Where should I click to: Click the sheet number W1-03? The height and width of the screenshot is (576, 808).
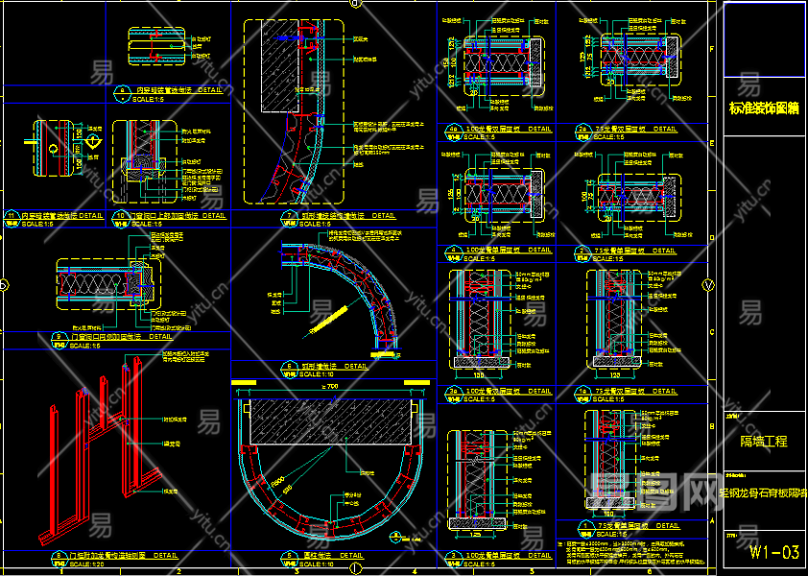point(773,552)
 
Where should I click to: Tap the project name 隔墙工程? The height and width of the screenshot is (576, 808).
point(764,442)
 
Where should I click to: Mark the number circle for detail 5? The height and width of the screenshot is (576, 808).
point(287,556)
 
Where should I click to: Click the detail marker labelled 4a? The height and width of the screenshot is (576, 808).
point(452,128)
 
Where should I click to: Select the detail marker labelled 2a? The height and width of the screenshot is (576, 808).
point(582,128)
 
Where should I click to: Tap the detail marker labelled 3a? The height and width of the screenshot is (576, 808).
point(452,392)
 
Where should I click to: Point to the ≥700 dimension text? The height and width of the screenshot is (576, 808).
point(331,386)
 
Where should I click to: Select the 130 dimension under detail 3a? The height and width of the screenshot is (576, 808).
point(478,377)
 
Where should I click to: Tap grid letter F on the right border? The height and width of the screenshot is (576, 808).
point(710,48)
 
